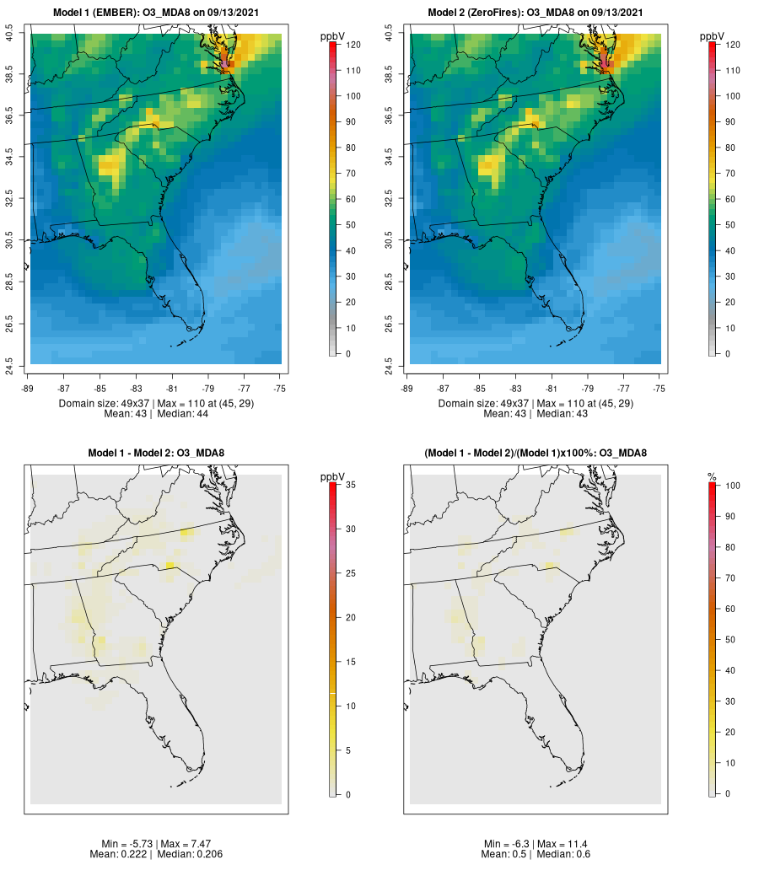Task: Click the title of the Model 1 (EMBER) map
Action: point(156,13)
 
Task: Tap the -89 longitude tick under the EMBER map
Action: point(30,389)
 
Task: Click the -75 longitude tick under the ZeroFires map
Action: point(659,389)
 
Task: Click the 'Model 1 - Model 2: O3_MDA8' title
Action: point(156,454)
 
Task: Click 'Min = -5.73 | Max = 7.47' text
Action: point(156,844)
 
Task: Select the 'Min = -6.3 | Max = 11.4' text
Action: point(536,844)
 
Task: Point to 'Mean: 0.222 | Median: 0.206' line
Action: point(156,855)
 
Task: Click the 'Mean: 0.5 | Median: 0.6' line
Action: point(536,855)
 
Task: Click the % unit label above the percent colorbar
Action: point(712,477)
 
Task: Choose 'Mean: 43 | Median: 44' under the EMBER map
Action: point(156,414)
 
